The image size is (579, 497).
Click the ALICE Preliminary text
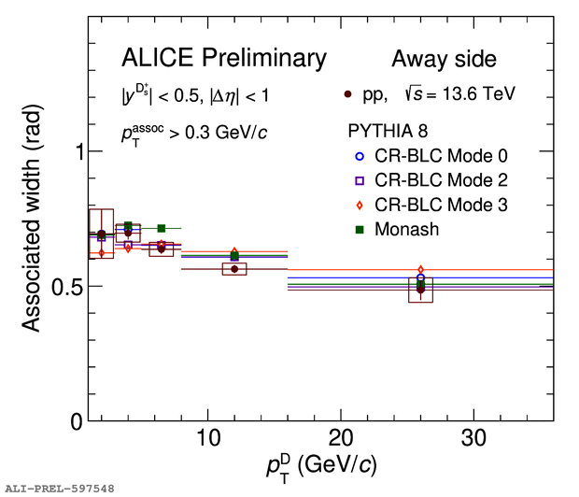224,59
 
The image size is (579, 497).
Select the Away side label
444,60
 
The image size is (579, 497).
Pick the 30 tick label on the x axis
473,437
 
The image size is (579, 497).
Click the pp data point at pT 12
234,269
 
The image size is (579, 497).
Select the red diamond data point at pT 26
420,270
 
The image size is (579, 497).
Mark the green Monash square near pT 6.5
162,228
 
